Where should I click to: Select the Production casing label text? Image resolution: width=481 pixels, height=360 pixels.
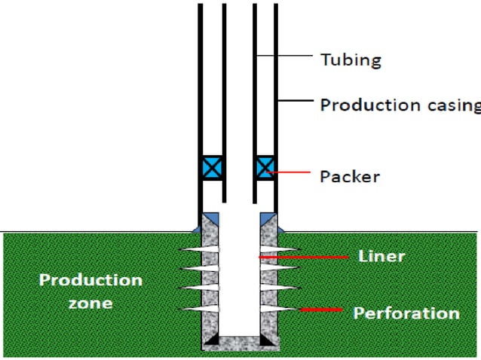[400, 105]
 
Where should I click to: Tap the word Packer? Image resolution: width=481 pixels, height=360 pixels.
[349, 177]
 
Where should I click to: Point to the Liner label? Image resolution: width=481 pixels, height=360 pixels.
[381, 256]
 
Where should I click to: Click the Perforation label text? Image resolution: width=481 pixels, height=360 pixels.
[406, 313]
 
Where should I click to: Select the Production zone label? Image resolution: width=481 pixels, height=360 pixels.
[90, 291]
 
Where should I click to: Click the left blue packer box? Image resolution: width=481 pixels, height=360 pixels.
[210, 167]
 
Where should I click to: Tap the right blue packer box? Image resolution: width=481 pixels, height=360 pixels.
[265, 167]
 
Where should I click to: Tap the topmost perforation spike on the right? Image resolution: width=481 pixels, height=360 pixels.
[283, 250]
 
